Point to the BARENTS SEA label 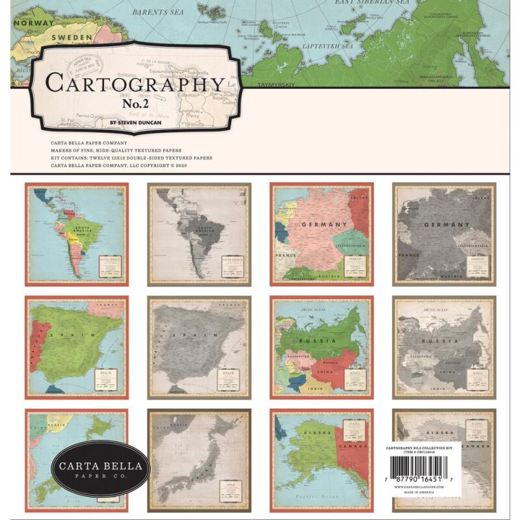click(x=158, y=12)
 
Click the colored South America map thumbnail click(x=77, y=234)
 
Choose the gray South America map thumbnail click(x=199, y=234)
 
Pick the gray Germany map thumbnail click(x=444, y=234)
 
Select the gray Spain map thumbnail click(x=199, y=348)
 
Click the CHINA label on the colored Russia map click(x=324, y=372)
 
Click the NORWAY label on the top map click(x=25, y=22)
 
